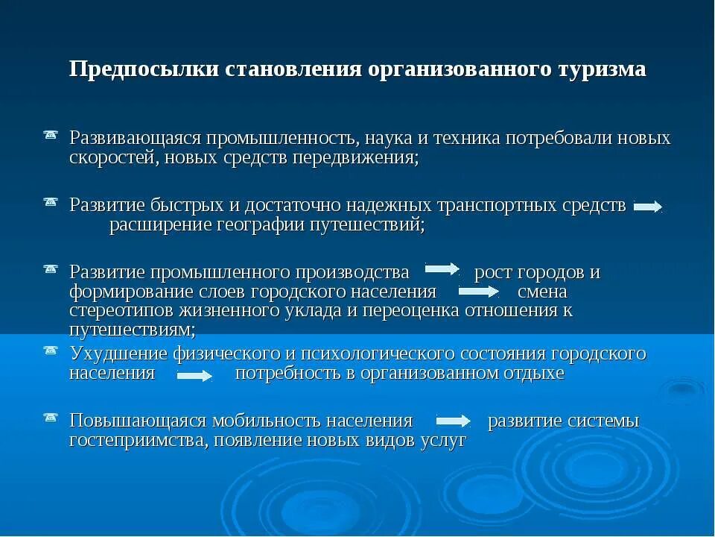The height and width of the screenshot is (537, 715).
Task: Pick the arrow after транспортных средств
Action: [x=647, y=207]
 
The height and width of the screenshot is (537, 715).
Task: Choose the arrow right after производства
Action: [x=442, y=268]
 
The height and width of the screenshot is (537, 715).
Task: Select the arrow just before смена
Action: [x=477, y=291]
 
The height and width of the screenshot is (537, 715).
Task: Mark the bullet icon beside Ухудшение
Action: [x=51, y=349]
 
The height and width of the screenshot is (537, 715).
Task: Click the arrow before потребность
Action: [x=194, y=376]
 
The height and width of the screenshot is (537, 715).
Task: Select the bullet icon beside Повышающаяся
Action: [x=51, y=416]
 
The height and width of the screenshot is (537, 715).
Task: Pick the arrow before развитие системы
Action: [x=453, y=421]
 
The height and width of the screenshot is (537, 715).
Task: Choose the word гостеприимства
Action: [x=139, y=440]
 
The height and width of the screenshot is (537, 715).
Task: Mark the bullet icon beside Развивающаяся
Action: [x=51, y=134]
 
